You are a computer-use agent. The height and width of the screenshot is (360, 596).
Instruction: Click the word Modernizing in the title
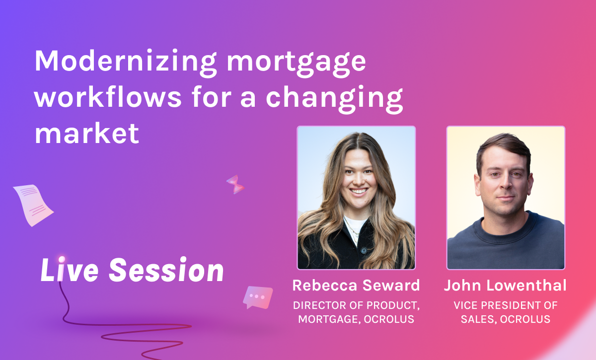[x=125, y=63]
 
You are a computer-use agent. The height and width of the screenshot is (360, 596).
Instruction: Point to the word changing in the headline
[x=334, y=99]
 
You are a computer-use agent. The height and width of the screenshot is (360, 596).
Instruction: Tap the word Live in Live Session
[x=70, y=269]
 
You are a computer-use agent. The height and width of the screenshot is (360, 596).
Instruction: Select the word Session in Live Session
[x=166, y=269]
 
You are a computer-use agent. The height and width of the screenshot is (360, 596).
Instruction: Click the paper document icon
[x=33, y=205]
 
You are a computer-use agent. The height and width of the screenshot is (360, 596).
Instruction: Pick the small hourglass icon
[x=235, y=184]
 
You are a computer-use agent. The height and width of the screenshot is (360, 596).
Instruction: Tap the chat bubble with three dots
[x=258, y=297]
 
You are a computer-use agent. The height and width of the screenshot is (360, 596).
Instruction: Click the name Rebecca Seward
[x=356, y=285]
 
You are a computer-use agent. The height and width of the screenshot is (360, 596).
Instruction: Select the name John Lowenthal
[x=505, y=285]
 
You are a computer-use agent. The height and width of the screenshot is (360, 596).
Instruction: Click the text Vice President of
[x=506, y=305]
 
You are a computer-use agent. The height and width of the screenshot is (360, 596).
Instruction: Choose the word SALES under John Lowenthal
[x=479, y=319]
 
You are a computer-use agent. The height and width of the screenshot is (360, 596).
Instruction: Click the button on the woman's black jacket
[x=364, y=250]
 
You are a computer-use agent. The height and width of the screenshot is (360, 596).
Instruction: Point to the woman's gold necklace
[x=352, y=230]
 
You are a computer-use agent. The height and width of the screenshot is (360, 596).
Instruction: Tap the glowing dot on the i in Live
[x=62, y=259]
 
